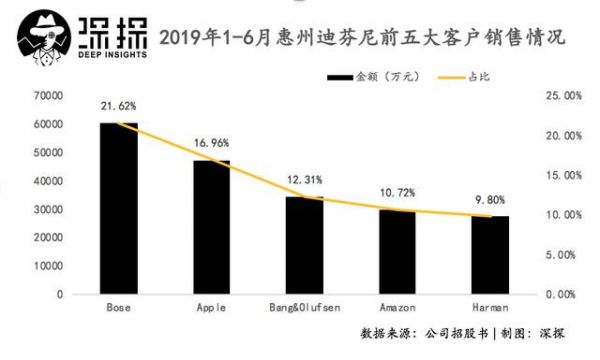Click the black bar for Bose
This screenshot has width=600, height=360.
click(119, 209)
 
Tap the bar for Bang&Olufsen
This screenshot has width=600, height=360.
click(303, 246)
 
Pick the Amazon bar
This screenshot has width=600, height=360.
click(397, 252)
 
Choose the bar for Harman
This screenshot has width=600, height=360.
click(489, 255)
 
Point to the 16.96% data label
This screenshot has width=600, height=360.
click(211, 143)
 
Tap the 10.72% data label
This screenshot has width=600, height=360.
click(397, 190)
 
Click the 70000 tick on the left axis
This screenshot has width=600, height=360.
click(48, 95)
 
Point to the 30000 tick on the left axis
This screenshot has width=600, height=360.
click(48, 209)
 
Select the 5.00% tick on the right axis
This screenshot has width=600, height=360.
click(559, 255)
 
